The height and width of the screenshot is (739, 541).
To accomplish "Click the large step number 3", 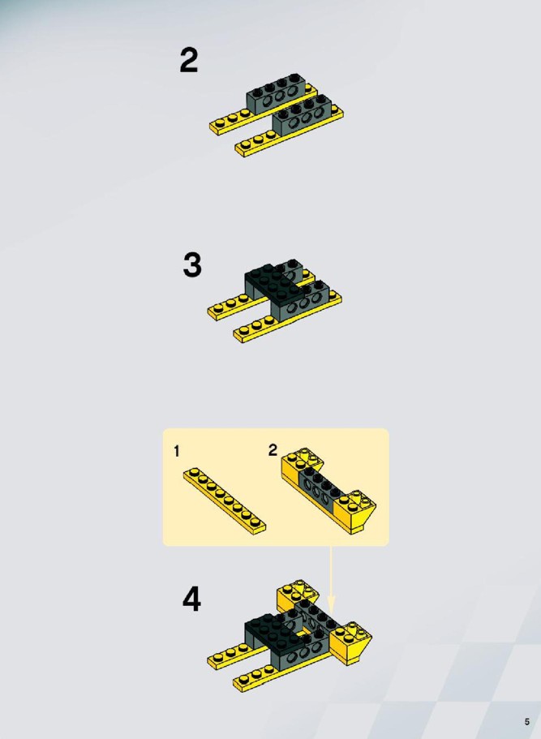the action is (x=192, y=265).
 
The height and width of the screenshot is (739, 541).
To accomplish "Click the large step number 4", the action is (x=191, y=599).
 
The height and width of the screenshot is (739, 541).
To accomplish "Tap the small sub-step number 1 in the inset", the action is (x=177, y=452).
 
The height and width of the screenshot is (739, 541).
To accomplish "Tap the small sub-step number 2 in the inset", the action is (x=273, y=450).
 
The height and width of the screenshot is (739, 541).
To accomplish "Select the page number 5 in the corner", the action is (x=527, y=722).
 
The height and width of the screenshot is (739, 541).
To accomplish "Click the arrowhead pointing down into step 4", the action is (x=331, y=604).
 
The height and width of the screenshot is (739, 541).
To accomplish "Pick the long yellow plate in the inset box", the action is (x=225, y=501).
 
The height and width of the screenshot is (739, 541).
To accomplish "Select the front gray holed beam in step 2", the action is (x=302, y=114).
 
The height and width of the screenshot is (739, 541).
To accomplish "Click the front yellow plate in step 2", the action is (x=289, y=135).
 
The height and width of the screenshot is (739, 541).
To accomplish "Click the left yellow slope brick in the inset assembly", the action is (x=296, y=466).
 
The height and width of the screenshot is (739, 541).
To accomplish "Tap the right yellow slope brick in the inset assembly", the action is (x=356, y=511).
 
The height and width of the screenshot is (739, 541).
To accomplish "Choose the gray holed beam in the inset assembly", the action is (x=321, y=490).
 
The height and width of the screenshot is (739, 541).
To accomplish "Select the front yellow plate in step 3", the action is (x=287, y=317).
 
